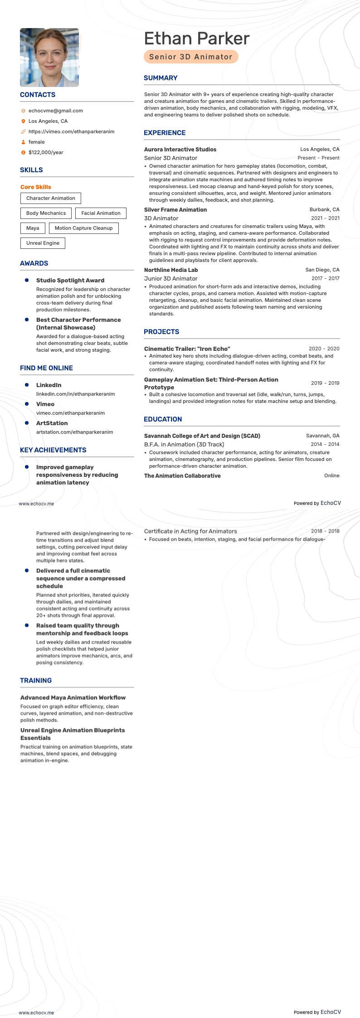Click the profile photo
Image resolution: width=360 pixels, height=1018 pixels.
49,58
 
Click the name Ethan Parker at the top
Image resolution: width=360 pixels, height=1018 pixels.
196,39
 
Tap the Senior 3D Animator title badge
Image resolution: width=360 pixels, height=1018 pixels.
191,57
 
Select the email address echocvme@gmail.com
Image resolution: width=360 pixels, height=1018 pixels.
55,111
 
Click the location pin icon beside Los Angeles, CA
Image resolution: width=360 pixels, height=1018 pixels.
23,121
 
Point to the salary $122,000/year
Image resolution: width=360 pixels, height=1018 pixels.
46,152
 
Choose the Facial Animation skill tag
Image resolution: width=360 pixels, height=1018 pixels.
101,213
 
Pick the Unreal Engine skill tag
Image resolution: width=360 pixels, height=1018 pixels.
43,243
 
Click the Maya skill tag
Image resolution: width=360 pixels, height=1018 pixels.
33,228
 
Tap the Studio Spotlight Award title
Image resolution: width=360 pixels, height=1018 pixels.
70,281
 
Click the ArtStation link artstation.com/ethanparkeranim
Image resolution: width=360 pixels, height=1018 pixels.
75,432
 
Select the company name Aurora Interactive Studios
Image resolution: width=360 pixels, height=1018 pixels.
180,149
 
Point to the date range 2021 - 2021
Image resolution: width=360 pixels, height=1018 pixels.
325,218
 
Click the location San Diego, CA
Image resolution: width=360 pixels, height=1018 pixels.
322,270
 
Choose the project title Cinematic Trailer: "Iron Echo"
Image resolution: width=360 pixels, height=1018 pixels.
187,349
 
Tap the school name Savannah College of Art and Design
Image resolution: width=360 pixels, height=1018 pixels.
202,436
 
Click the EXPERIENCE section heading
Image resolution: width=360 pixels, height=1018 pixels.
165,133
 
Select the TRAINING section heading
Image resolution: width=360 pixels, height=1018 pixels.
36,680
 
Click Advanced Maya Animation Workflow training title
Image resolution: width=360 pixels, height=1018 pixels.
73,698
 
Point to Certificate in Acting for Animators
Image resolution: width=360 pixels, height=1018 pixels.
190,531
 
